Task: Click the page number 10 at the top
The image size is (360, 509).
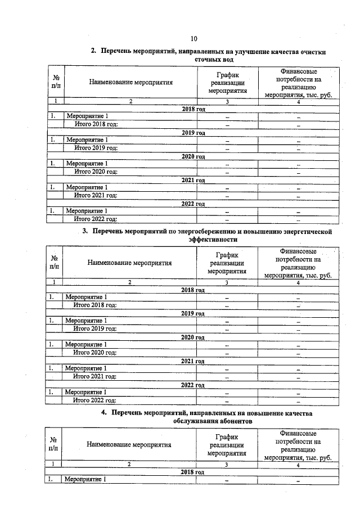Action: pos(193,39)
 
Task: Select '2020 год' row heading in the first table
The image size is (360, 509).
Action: pos(193,155)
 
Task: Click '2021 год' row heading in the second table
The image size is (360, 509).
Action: pos(193,361)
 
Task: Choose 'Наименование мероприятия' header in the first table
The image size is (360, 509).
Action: pos(130,82)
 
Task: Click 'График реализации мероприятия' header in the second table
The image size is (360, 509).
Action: pos(227,262)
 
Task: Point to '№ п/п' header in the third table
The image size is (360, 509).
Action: pos(53,444)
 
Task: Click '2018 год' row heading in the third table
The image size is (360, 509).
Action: pos(192,472)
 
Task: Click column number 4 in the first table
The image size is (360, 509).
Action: pos(298,102)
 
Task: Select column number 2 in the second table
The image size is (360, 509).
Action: pos(130,282)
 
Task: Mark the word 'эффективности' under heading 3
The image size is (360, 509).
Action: pos(213,240)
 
